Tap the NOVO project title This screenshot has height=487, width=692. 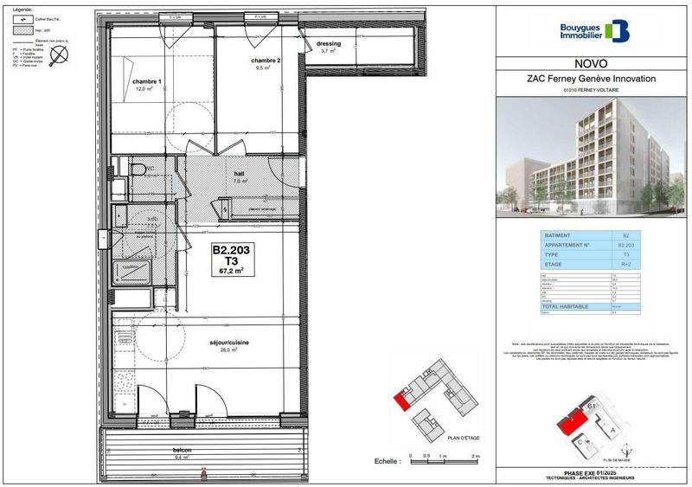(x=591, y=63)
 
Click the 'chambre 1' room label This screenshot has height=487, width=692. (x=148, y=83)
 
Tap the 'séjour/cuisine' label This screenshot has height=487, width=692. (x=229, y=343)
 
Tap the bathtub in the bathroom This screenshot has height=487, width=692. (x=134, y=276)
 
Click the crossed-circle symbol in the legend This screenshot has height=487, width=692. (x=59, y=57)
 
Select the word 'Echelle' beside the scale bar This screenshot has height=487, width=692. (x=386, y=463)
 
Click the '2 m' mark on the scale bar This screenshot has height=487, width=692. (x=474, y=456)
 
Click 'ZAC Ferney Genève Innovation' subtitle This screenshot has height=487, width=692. (x=592, y=79)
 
